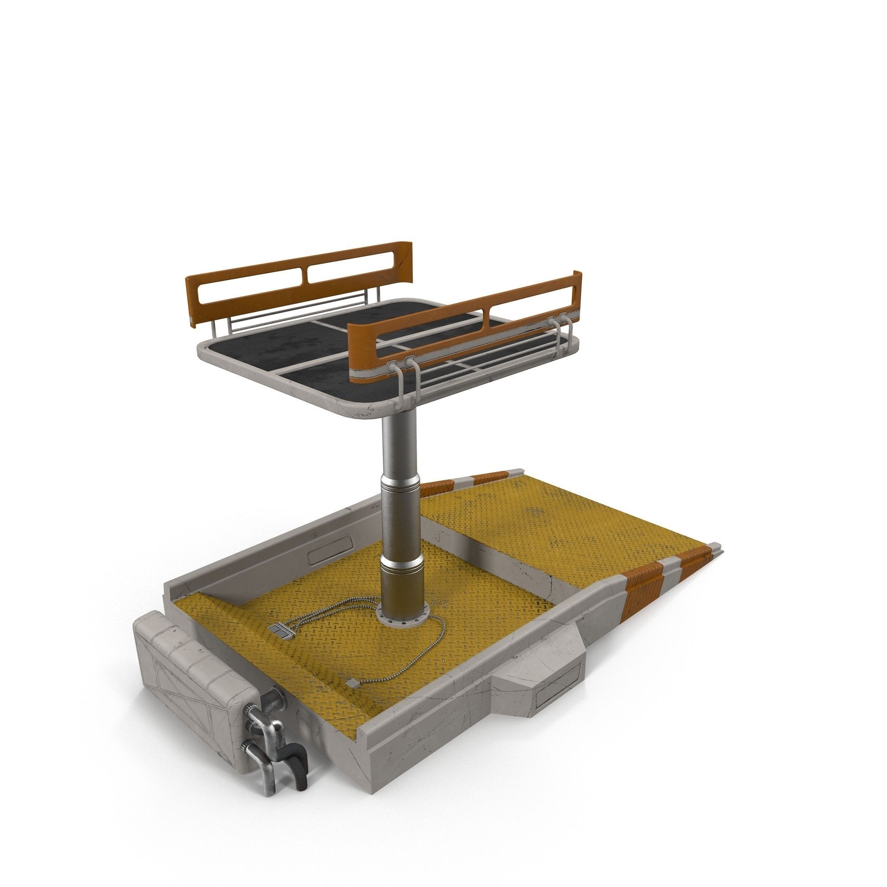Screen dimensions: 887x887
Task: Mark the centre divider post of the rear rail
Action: pyautogui.click(x=305, y=275)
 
